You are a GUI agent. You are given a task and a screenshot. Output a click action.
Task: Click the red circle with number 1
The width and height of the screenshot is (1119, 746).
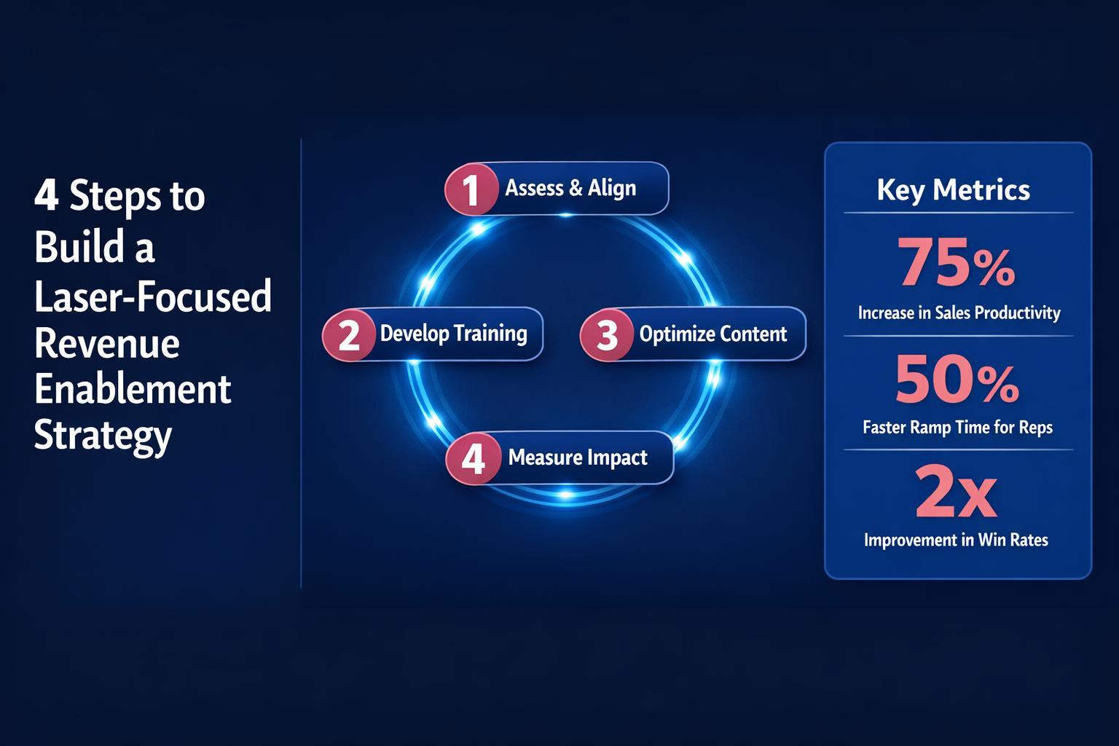[471, 189]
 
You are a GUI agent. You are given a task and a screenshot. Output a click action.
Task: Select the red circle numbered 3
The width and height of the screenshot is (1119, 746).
[607, 335]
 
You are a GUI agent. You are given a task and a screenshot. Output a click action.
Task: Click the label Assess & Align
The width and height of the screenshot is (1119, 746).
[570, 188]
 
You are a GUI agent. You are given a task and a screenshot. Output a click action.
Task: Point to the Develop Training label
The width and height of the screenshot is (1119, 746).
[453, 334]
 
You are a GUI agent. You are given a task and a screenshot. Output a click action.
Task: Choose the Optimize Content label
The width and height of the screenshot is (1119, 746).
[712, 334]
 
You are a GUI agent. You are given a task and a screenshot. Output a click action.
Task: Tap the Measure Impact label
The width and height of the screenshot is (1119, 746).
[577, 458]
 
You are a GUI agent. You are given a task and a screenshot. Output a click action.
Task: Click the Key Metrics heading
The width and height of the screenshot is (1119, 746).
[953, 189]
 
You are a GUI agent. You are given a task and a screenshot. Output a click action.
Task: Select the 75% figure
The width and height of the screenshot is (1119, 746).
[956, 264]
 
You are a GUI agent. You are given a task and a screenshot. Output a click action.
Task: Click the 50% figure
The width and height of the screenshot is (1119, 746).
[956, 380]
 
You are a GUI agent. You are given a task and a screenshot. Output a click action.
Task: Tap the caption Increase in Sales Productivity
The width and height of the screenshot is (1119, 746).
[959, 313]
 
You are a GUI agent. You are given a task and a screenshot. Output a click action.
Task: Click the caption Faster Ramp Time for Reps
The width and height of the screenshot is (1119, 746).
[957, 427]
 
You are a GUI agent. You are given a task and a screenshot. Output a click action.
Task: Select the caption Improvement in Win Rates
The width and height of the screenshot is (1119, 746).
[956, 540]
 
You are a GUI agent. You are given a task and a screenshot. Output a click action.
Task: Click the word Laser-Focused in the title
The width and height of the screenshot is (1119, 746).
[153, 296]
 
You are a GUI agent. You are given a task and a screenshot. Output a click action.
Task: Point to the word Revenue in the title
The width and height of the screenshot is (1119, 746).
[106, 342]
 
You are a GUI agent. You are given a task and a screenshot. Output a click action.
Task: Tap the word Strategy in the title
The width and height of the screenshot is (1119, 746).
[103, 436]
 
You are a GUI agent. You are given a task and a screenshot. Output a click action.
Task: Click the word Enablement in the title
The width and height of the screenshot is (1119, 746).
[133, 389]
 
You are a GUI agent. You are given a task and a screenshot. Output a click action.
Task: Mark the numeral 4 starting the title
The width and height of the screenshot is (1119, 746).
[46, 197]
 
